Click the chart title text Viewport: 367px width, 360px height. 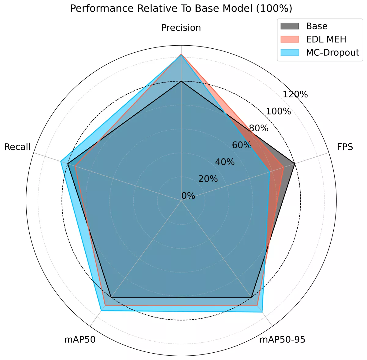point(181,9)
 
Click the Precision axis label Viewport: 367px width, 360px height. point(181,28)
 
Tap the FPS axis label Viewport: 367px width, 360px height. point(345,147)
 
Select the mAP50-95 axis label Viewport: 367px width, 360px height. point(282,339)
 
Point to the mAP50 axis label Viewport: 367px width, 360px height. point(80,339)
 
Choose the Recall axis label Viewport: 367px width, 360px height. point(17,147)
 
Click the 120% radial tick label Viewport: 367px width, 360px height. point(295,94)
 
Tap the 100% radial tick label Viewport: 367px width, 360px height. point(278,111)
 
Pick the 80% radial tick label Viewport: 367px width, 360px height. point(258,128)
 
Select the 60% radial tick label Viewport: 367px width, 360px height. point(242,145)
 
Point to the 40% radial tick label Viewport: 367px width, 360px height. point(225,162)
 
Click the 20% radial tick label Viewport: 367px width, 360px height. point(208,179)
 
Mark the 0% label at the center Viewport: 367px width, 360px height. point(188,196)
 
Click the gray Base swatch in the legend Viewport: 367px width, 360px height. point(289,26)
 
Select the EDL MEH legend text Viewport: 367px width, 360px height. point(326,39)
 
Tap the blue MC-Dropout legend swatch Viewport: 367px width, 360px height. point(289,52)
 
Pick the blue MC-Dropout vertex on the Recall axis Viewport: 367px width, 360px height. point(61,161)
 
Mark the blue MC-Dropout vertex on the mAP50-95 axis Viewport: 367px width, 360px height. point(262,312)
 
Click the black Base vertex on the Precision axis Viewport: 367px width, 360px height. point(181,81)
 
